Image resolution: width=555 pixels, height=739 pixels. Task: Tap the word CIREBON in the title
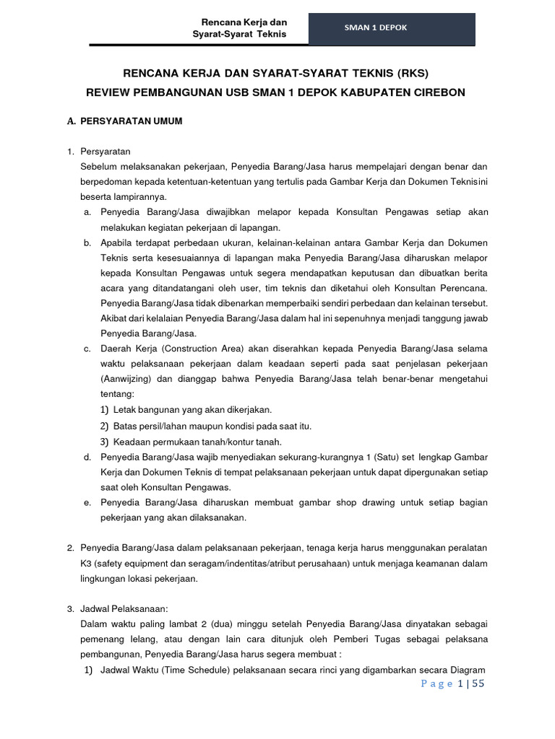(x=437, y=92)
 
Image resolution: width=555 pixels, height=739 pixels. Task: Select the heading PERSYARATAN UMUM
(x=132, y=121)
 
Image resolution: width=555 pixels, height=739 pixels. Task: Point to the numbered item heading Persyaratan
(x=105, y=152)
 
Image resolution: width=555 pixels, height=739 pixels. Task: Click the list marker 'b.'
(x=87, y=242)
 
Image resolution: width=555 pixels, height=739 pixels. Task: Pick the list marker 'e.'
(x=87, y=502)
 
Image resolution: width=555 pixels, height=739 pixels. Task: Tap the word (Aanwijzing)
(x=126, y=380)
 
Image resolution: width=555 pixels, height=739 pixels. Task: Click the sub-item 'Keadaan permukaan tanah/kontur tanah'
(x=197, y=442)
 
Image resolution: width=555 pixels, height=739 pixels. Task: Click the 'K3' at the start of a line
(x=86, y=563)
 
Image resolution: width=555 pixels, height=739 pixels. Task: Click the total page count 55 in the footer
(x=478, y=683)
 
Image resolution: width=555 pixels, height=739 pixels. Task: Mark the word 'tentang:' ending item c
(x=117, y=395)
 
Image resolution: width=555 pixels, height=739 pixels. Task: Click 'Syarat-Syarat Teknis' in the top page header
(x=239, y=34)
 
